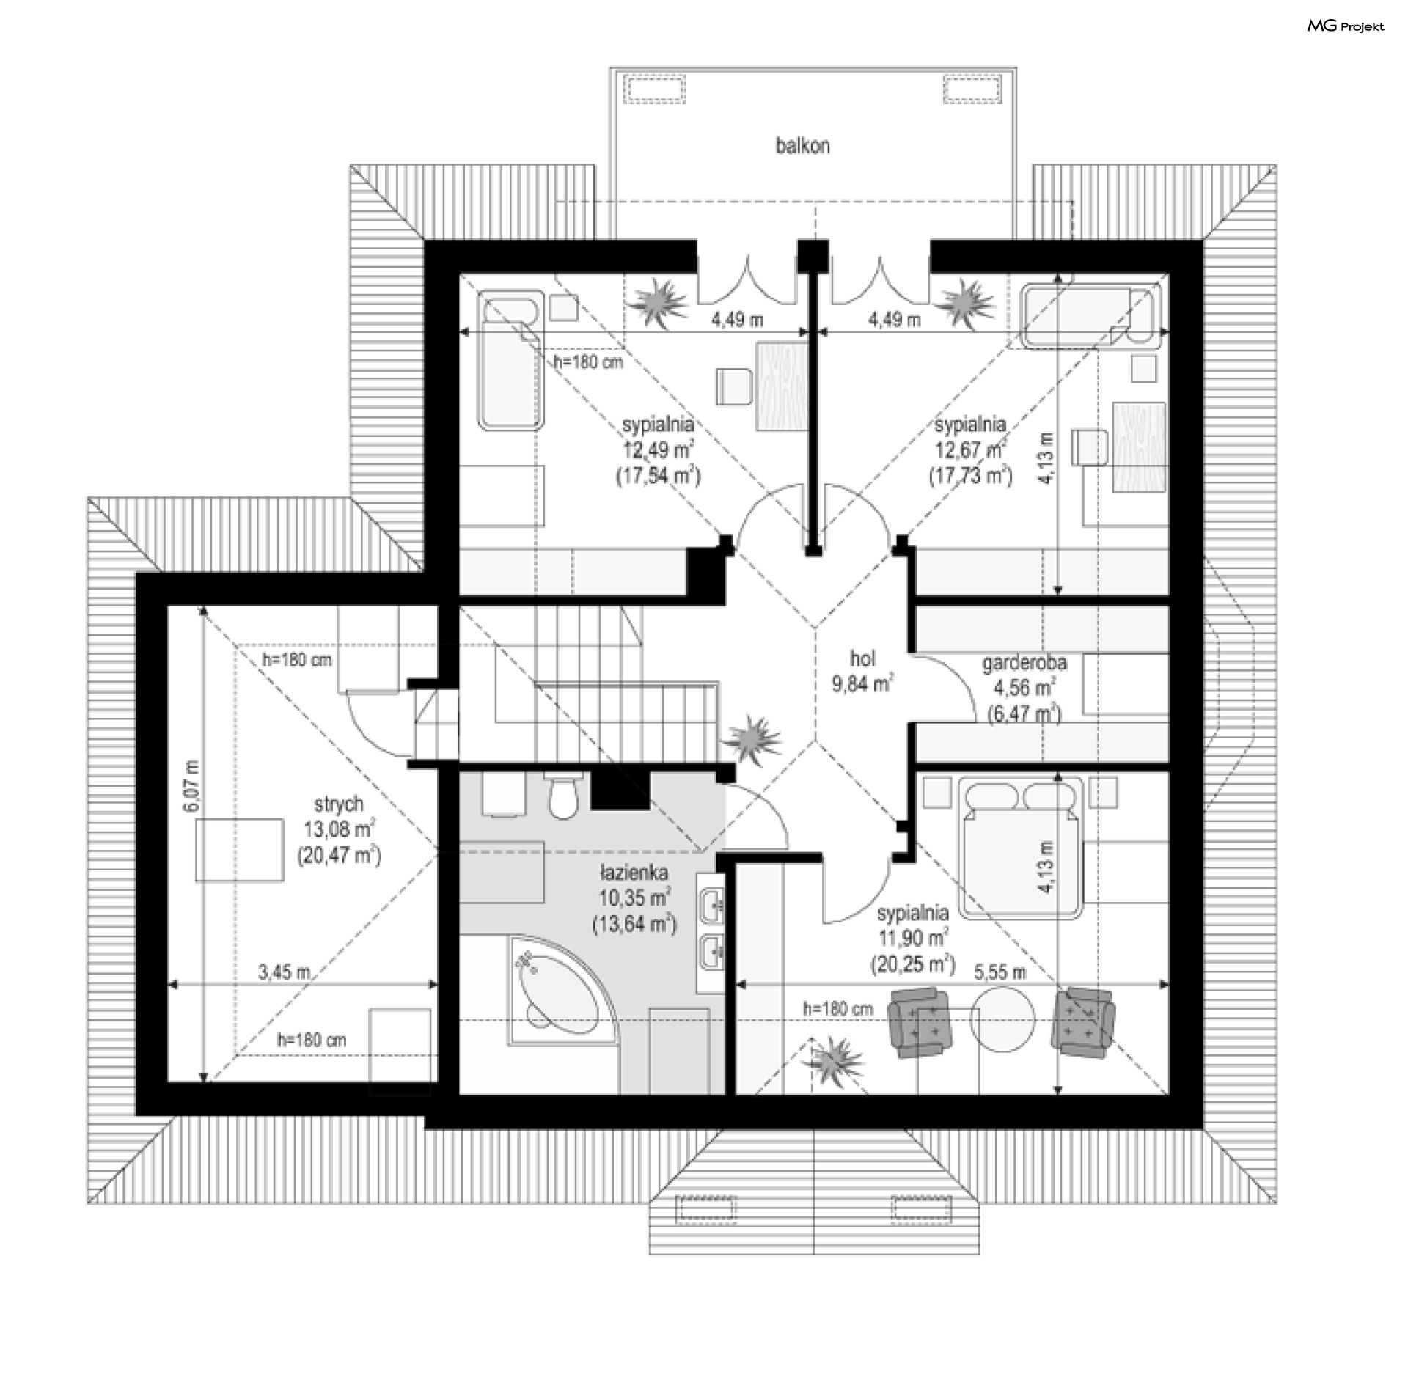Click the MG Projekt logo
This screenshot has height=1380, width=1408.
coord(1346,26)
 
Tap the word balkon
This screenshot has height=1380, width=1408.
coord(803,146)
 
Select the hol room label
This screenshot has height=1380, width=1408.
coord(863,658)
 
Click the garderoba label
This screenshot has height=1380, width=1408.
coord(1024,663)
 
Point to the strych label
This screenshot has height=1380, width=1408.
coord(339,804)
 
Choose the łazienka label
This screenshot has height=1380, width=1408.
coord(633,873)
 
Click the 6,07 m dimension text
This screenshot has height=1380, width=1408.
coord(191,785)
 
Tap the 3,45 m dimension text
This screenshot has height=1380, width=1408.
coord(284,973)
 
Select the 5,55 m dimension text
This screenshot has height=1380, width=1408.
coord(1000,972)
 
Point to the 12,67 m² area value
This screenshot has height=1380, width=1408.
coord(970,449)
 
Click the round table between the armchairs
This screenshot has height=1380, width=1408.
coord(1002,1019)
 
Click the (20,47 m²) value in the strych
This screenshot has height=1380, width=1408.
coord(340,855)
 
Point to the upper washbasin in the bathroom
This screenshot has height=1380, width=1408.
coord(712,907)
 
